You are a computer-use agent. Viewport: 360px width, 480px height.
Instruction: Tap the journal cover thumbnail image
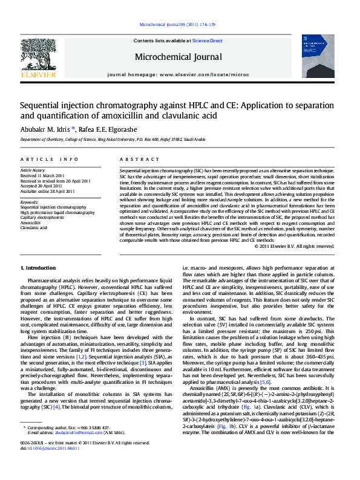(318, 56)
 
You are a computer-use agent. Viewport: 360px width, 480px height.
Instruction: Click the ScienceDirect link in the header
(208, 41)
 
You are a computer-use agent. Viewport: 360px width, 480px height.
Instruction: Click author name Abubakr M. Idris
(46, 128)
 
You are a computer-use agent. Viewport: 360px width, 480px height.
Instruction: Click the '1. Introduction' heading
(39, 267)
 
